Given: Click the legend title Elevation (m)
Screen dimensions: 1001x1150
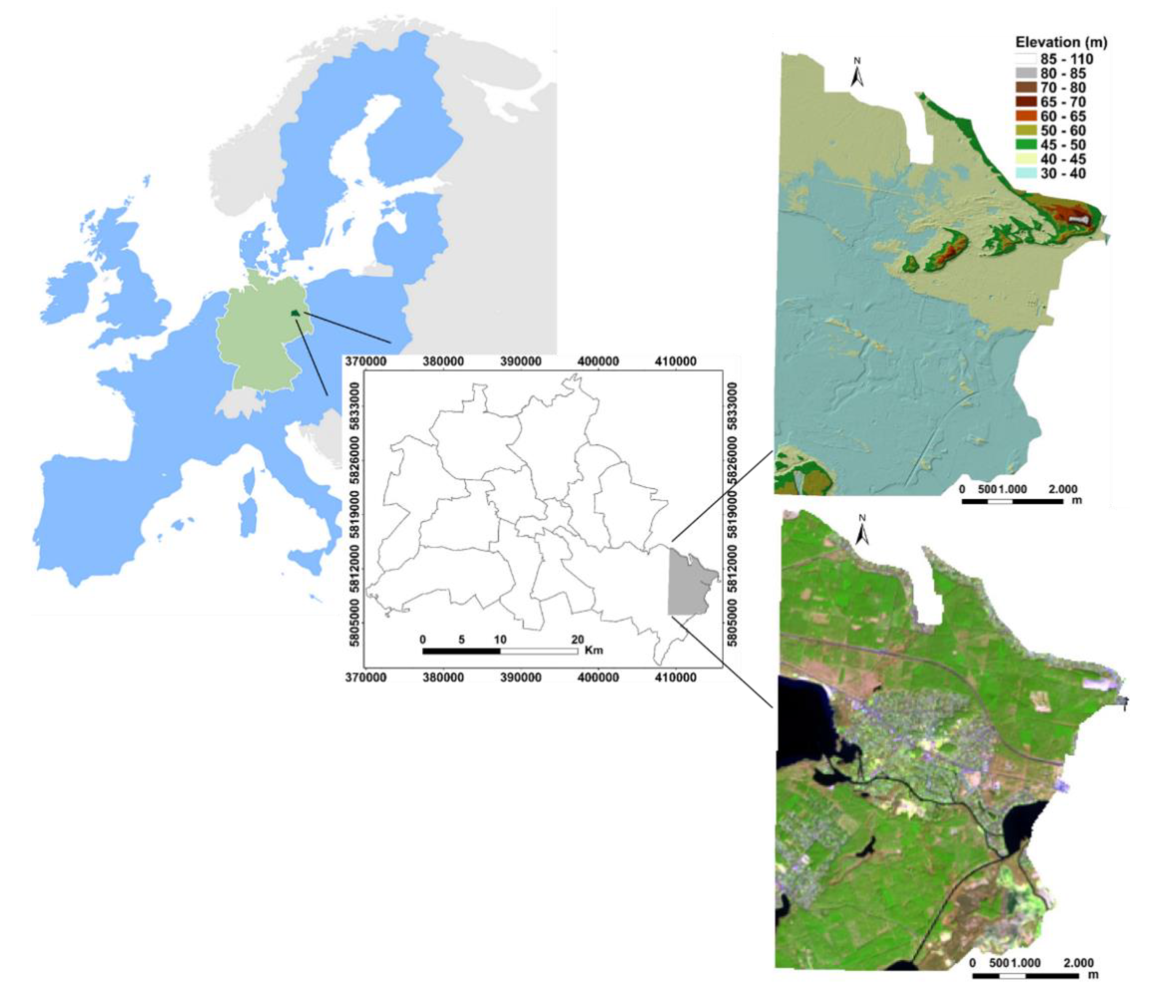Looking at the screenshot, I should point(1060,42).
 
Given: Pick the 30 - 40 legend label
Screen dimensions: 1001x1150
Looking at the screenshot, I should point(1063,174).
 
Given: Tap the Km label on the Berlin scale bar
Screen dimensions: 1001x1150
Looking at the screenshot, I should point(594,650).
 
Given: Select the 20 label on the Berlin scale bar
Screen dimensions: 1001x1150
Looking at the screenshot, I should point(577,639).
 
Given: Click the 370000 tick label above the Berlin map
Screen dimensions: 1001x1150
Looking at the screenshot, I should point(365,362).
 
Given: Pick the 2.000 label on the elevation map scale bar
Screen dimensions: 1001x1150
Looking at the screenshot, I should point(1063,489).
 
